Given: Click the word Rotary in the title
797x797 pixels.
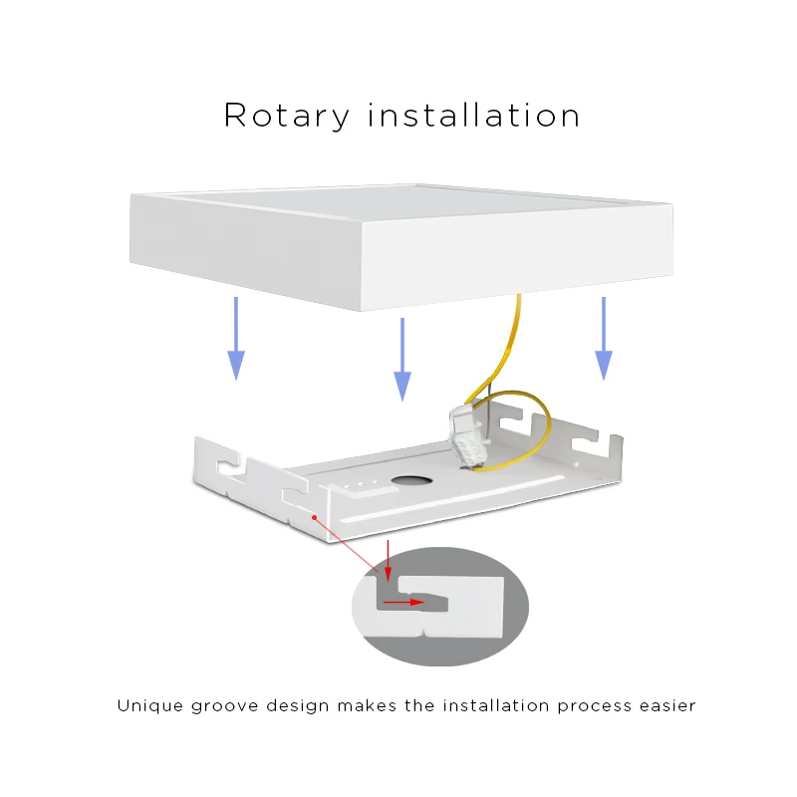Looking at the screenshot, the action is pyautogui.click(x=287, y=117).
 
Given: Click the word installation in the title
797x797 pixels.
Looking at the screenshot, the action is pyautogui.click(x=473, y=115).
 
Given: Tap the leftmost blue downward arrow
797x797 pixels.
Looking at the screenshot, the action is pyautogui.click(x=236, y=339).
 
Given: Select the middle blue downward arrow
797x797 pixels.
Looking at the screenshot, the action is pyautogui.click(x=402, y=360).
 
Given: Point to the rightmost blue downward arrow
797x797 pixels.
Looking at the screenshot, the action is pyautogui.click(x=604, y=339).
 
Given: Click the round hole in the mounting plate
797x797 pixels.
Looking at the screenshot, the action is pyautogui.click(x=411, y=480).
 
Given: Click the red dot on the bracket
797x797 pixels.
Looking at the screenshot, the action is pyautogui.click(x=315, y=517).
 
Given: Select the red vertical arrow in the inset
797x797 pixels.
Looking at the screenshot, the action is pyautogui.click(x=388, y=561).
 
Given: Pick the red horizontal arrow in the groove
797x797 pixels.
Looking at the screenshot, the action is pyautogui.click(x=403, y=603).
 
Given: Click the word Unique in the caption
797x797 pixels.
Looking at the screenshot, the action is pyautogui.click(x=150, y=706).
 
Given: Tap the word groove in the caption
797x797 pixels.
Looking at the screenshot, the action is pyautogui.click(x=225, y=707).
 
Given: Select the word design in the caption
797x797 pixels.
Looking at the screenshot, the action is pyautogui.click(x=297, y=706).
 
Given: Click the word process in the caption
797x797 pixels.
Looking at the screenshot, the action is pyautogui.click(x=594, y=707).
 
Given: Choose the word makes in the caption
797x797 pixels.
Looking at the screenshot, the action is pyautogui.click(x=367, y=705).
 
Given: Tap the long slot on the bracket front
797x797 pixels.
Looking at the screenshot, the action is pyautogui.click(x=452, y=499).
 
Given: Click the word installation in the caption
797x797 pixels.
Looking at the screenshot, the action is pyautogui.click(x=495, y=705).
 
